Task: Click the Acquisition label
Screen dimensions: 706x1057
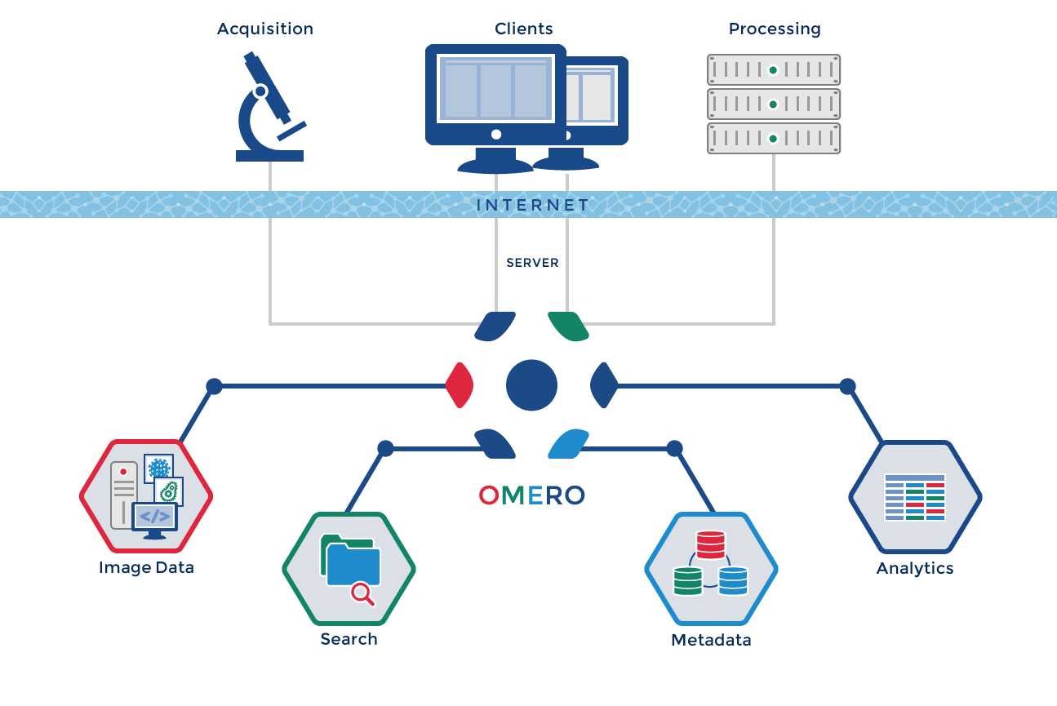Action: click(264, 29)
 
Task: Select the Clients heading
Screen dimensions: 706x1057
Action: click(523, 29)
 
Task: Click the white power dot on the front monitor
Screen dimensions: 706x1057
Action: click(495, 134)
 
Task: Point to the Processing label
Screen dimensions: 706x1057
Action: click(774, 29)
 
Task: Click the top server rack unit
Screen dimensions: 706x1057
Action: click(773, 70)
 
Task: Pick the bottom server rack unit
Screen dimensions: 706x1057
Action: click(773, 139)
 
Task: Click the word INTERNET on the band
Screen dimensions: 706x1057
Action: click(532, 205)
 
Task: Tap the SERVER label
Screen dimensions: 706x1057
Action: click(532, 263)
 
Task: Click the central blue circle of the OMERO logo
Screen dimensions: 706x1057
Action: click(531, 385)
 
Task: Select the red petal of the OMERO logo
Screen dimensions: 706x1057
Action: click(460, 385)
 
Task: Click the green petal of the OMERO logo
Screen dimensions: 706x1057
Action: click(569, 326)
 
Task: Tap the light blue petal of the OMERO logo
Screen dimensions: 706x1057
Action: click(568, 443)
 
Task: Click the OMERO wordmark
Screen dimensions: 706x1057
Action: click(531, 495)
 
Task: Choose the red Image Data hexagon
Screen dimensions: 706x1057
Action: click(146, 495)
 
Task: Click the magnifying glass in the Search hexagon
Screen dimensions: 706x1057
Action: click(362, 593)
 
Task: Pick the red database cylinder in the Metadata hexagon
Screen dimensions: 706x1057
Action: click(710, 544)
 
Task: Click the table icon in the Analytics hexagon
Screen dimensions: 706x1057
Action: click(914, 496)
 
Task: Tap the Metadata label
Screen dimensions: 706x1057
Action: click(710, 640)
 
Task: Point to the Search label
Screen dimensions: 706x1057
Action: click(349, 639)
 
